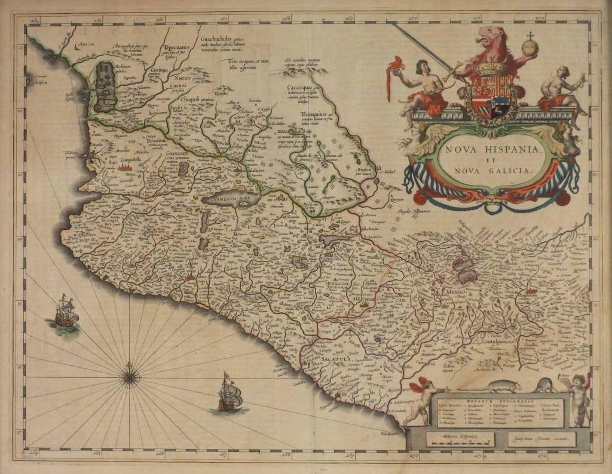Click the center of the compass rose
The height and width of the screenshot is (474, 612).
130,376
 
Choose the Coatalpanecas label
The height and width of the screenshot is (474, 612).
495,343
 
